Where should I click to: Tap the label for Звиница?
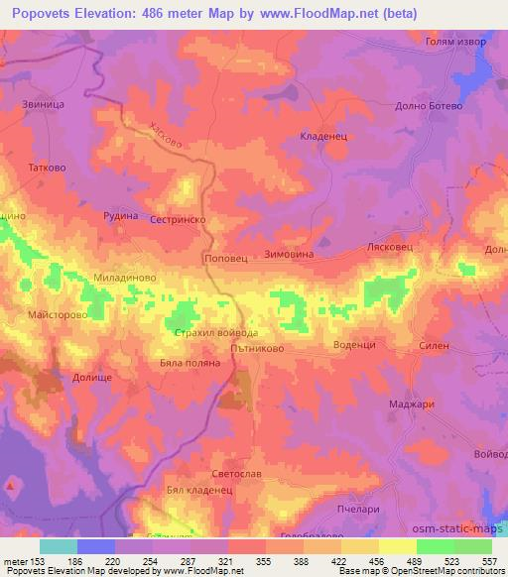(43, 102)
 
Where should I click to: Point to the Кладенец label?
(323, 138)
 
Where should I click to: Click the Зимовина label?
(289, 255)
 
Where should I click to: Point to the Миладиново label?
(125, 280)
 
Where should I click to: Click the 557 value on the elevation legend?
(490, 561)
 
